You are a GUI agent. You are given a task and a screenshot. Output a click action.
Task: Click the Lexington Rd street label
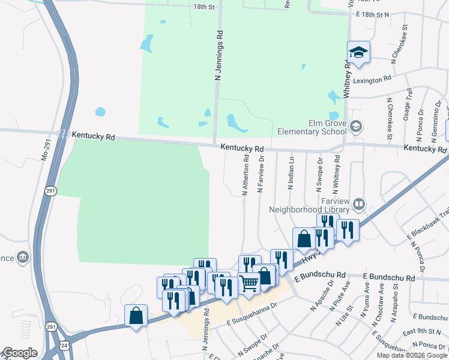(372, 78)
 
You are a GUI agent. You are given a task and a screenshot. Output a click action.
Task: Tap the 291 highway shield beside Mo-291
(52, 191)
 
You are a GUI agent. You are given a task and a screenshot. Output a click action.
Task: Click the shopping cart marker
(249, 284)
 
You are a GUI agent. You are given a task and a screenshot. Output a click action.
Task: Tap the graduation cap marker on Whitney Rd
(358, 52)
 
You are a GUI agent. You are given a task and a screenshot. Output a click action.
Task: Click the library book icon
(358, 205)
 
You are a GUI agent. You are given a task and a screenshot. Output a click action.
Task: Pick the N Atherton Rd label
(245, 175)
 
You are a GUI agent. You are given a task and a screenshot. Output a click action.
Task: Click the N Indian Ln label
(291, 173)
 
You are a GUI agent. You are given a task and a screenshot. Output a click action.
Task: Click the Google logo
(20, 353)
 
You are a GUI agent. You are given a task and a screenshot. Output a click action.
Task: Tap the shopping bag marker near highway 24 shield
(136, 316)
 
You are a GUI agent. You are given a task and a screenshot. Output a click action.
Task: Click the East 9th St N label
(422, 331)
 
